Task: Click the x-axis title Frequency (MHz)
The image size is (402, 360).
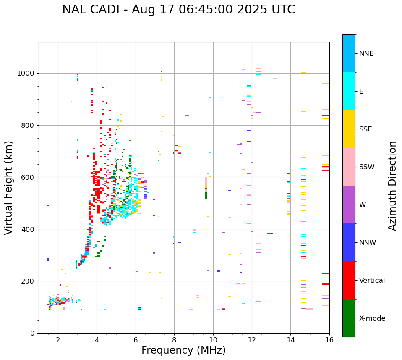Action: click(183, 350)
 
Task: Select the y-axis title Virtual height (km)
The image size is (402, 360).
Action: click(9, 187)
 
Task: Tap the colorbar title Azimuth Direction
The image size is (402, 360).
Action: click(392, 186)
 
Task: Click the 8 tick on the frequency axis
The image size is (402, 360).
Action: click(174, 340)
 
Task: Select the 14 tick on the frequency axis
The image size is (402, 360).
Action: click(291, 340)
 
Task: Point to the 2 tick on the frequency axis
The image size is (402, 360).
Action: click(58, 340)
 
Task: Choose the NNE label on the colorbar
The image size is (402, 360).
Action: click(366, 54)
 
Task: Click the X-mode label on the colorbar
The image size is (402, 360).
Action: click(372, 318)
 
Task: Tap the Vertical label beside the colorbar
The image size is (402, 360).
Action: click(372, 281)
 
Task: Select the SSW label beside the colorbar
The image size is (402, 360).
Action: click(367, 167)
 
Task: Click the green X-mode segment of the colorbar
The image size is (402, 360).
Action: click(349, 318)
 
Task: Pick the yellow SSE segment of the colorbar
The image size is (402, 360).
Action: click(349, 129)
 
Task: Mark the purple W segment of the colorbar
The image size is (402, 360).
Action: click(349, 205)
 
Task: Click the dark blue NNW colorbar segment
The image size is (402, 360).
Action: click(349, 242)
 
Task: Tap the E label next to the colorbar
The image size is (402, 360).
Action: click(361, 92)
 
